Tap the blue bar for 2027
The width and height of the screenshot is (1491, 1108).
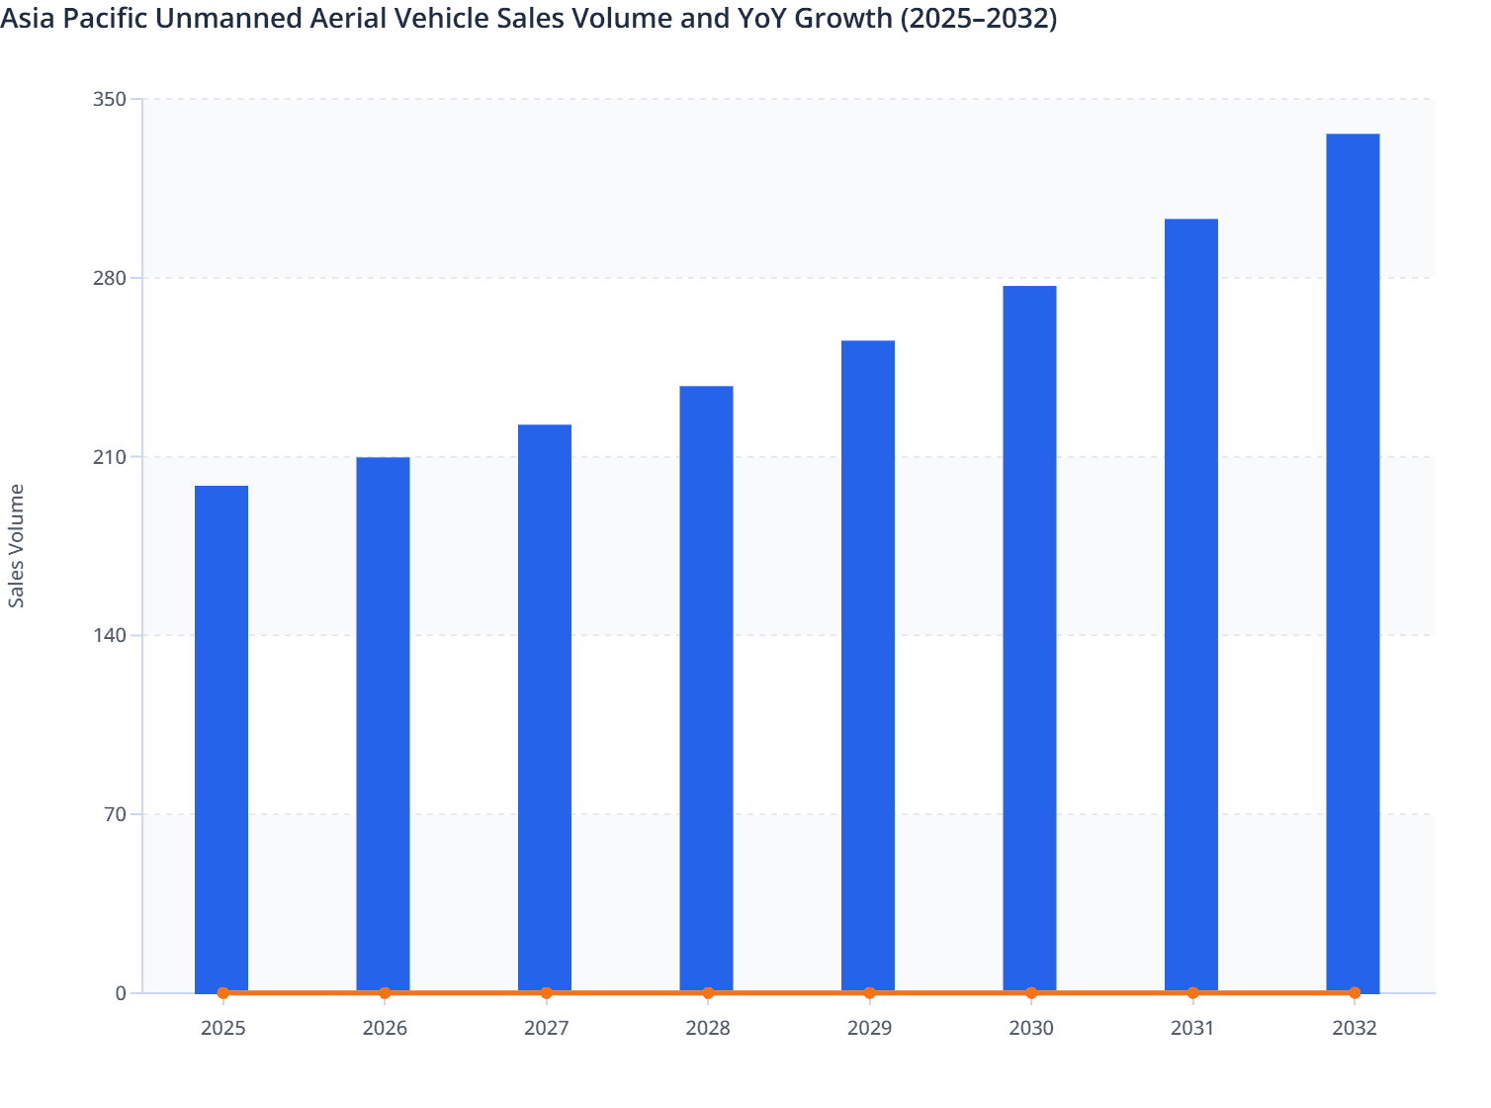[x=545, y=707]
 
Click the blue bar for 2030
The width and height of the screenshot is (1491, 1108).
[x=1029, y=638]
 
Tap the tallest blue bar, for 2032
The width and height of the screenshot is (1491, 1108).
[x=1353, y=562]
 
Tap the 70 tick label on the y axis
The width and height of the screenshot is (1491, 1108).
[x=116, y=814]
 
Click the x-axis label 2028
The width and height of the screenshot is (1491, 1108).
[x=708, y=1028]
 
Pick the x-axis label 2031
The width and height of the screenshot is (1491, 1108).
[x=1192, y=1028]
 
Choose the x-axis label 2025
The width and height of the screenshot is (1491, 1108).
[x=222, y=1028]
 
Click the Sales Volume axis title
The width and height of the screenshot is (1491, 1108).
[x=17, y=545]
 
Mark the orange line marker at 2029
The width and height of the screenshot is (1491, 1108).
[x=869, y=992]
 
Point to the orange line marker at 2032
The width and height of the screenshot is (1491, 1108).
[x=1355, y=992]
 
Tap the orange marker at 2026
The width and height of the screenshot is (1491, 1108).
[x=385, y=992]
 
